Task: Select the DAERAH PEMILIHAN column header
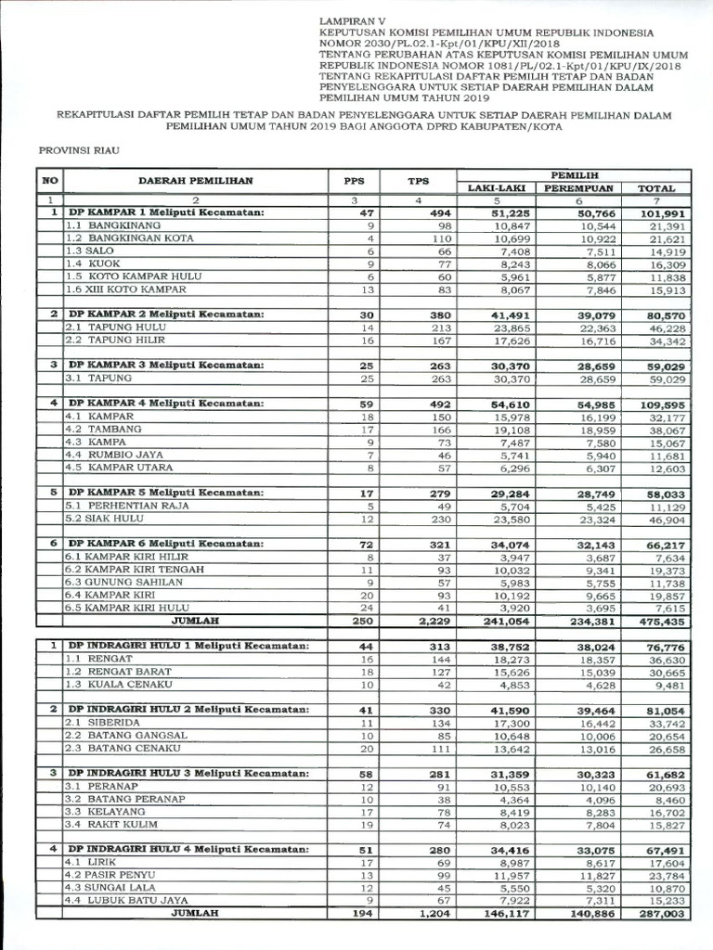[196, 181]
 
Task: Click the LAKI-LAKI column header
[497, 188]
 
